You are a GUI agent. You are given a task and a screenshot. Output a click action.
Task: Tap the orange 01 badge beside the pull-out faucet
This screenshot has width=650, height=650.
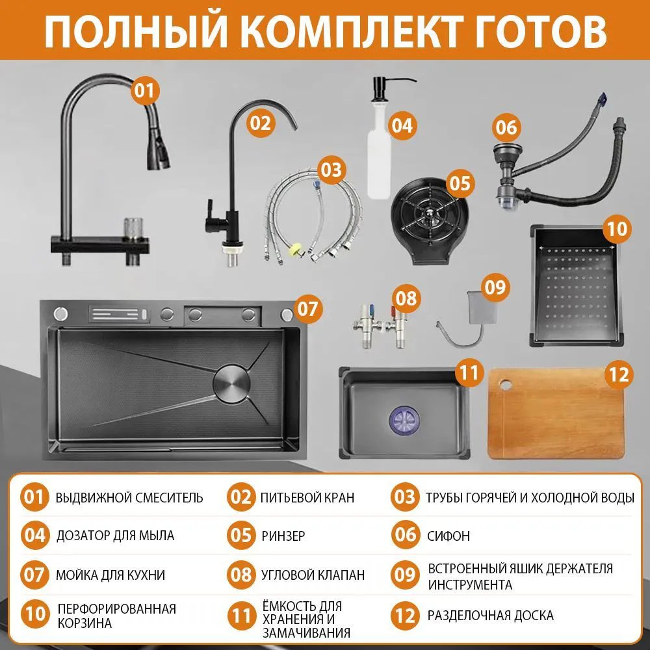click(144, 90)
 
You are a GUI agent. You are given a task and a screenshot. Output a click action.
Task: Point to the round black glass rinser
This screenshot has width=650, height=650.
click(428, 220)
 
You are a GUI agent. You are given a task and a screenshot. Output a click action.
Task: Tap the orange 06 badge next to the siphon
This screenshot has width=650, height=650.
click(506, 127)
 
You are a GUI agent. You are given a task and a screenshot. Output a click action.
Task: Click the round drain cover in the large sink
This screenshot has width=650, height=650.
click(232, 382)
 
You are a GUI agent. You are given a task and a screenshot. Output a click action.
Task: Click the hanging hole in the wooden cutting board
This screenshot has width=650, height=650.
click(506, 384)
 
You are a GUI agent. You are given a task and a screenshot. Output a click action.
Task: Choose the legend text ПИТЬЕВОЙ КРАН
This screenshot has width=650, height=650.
click(307, 497)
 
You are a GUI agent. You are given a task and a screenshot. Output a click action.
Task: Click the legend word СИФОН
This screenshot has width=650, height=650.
click(448, 536)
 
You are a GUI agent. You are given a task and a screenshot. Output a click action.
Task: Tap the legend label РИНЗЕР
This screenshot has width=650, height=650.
click(283, 536)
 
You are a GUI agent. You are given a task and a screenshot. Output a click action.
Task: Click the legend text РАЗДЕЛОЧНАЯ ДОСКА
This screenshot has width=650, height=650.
click(490, 615)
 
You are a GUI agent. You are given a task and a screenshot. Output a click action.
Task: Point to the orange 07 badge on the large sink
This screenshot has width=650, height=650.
click(308, 308)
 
